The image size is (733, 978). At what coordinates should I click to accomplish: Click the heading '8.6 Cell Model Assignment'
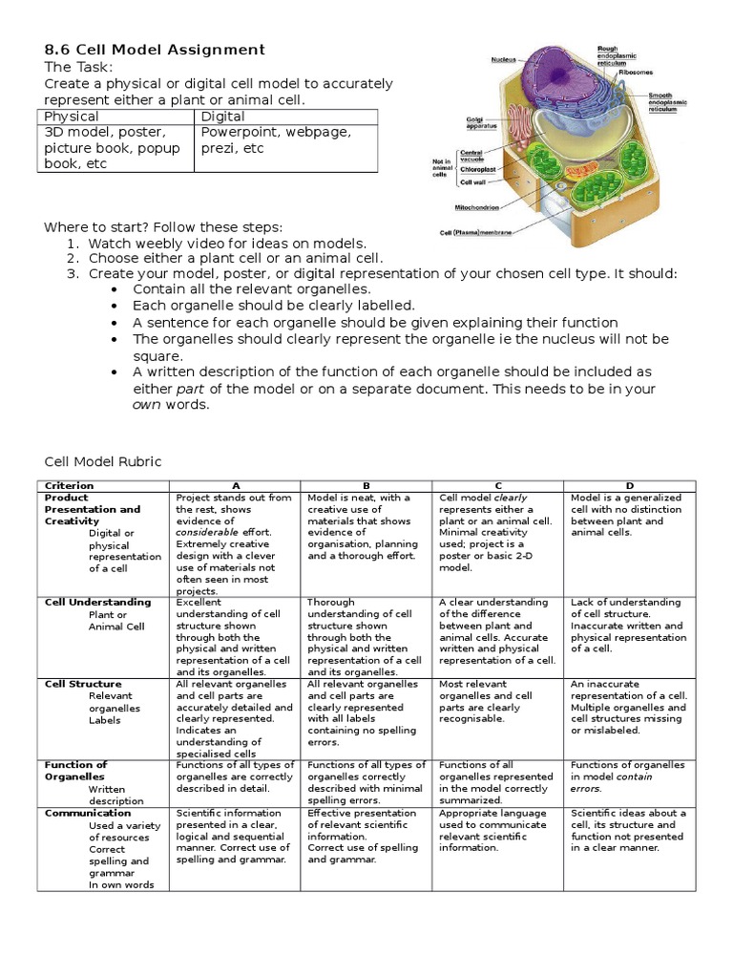[155, 50]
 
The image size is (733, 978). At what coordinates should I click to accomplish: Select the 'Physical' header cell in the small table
[72, 117]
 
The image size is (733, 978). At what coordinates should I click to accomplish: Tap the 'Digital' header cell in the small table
[223, 117]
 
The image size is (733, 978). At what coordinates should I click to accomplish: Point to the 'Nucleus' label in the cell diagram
[504, 59]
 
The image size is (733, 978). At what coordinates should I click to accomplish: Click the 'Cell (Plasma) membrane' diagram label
[475, 232]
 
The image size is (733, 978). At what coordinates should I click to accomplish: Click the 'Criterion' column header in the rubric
[70, 486]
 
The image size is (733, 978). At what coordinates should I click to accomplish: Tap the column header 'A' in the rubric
[236, 486]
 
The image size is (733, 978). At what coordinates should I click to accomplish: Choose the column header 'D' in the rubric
[629, 486]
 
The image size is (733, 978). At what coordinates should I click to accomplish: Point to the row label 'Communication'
[85, 814]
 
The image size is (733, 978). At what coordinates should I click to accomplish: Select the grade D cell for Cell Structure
[629, 708]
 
